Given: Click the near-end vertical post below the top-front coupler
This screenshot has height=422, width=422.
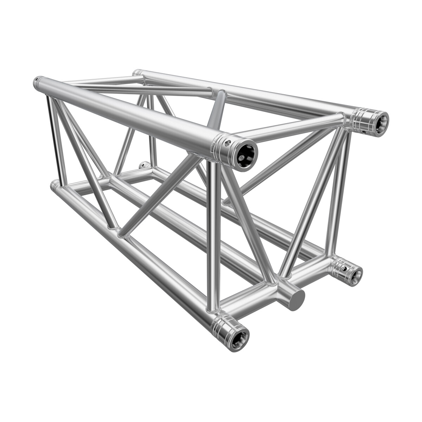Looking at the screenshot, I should [213, 236].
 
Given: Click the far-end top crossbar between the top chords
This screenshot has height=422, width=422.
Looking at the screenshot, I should [102, 81].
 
